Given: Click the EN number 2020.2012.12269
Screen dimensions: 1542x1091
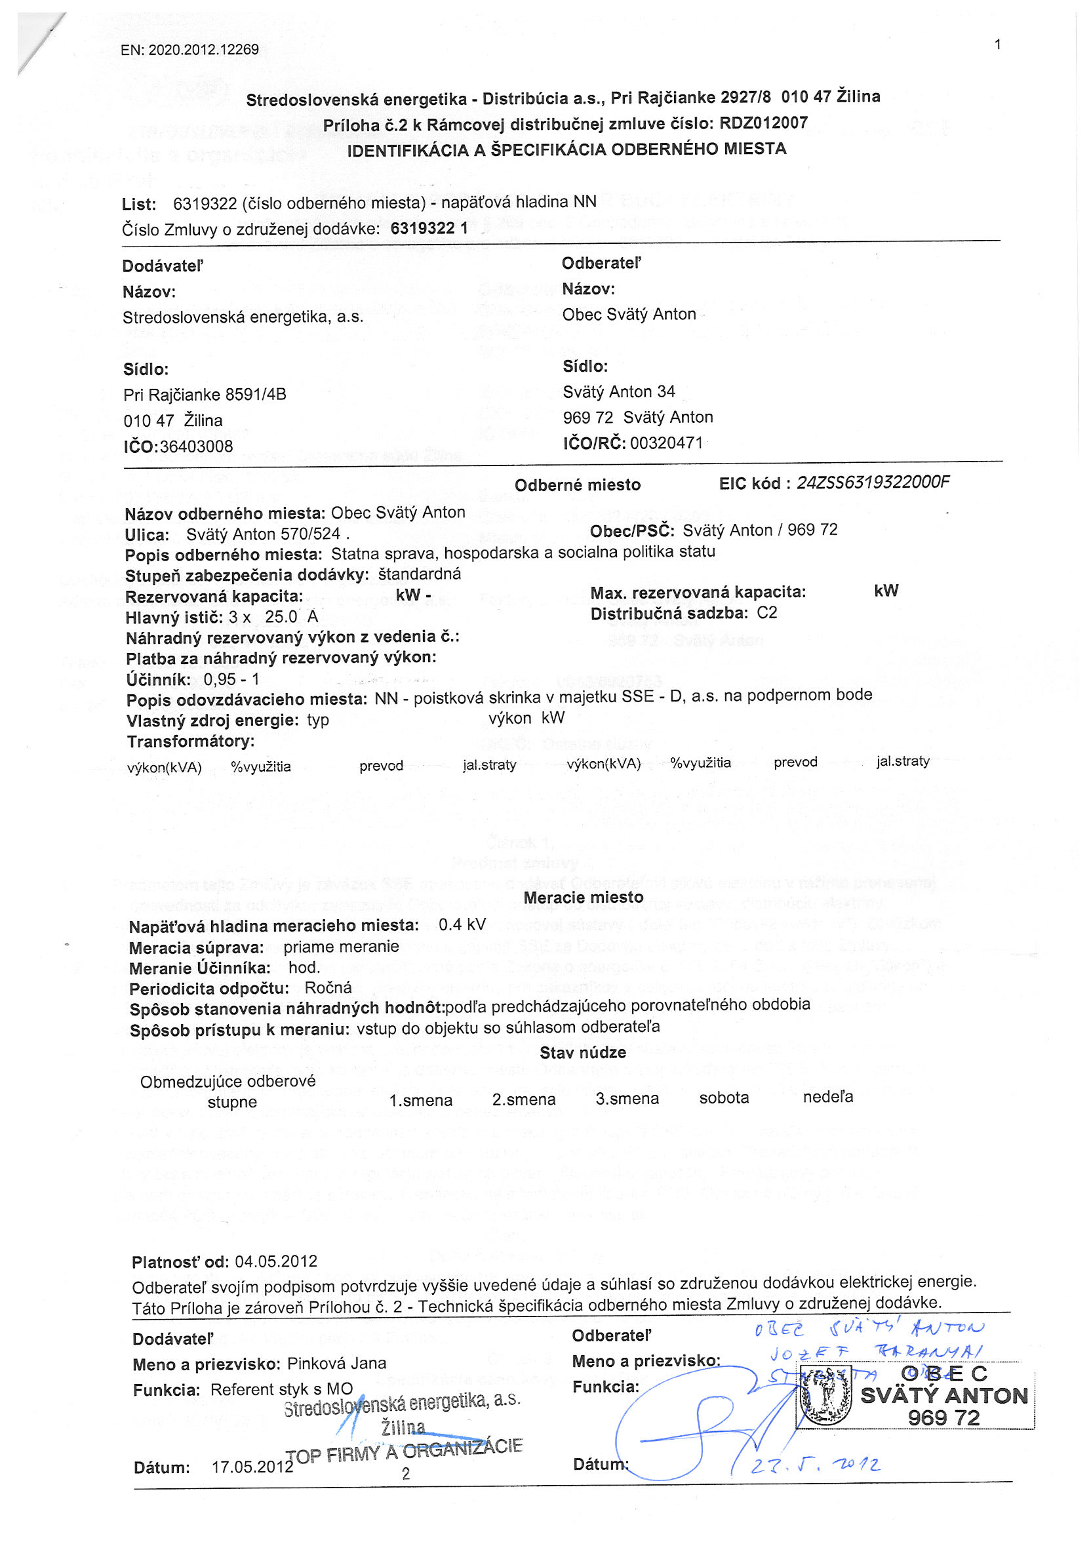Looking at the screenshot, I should pos(203,50).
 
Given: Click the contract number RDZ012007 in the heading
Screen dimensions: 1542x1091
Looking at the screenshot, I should pos(763,123).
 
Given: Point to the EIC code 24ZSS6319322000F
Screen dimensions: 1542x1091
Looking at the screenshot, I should pos(873,483).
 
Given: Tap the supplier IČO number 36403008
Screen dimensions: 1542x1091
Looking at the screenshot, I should pos(196,446).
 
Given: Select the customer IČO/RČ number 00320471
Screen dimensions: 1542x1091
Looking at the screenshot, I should pos(666,443).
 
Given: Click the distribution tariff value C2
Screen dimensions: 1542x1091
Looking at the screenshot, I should pos(766,612).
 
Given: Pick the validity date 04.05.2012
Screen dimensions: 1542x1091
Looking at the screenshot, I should pos(276,1261).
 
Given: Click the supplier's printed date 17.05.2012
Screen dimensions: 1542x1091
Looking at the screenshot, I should pos(252,1467).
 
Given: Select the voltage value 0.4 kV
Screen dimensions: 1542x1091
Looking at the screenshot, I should pos(462,925).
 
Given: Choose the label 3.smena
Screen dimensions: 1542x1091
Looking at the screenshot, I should pos(627,1099).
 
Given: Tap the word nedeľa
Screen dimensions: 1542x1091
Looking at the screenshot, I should pos(827,1097).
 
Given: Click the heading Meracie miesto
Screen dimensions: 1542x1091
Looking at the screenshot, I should pos(583,898).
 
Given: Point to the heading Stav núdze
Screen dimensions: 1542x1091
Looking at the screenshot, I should pos(582,1052).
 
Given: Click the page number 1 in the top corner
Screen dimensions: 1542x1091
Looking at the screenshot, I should pos(998,45).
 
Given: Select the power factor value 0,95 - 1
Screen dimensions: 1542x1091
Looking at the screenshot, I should pos(231,679).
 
